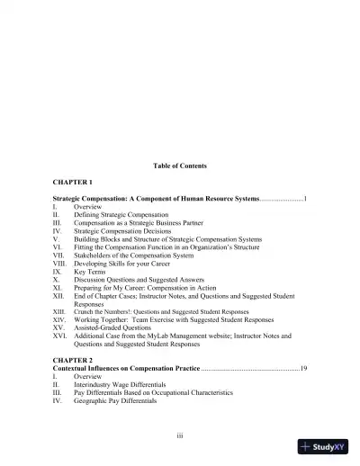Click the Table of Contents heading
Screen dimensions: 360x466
[180, 166]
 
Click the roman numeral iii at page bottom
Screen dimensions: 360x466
[180, 435]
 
